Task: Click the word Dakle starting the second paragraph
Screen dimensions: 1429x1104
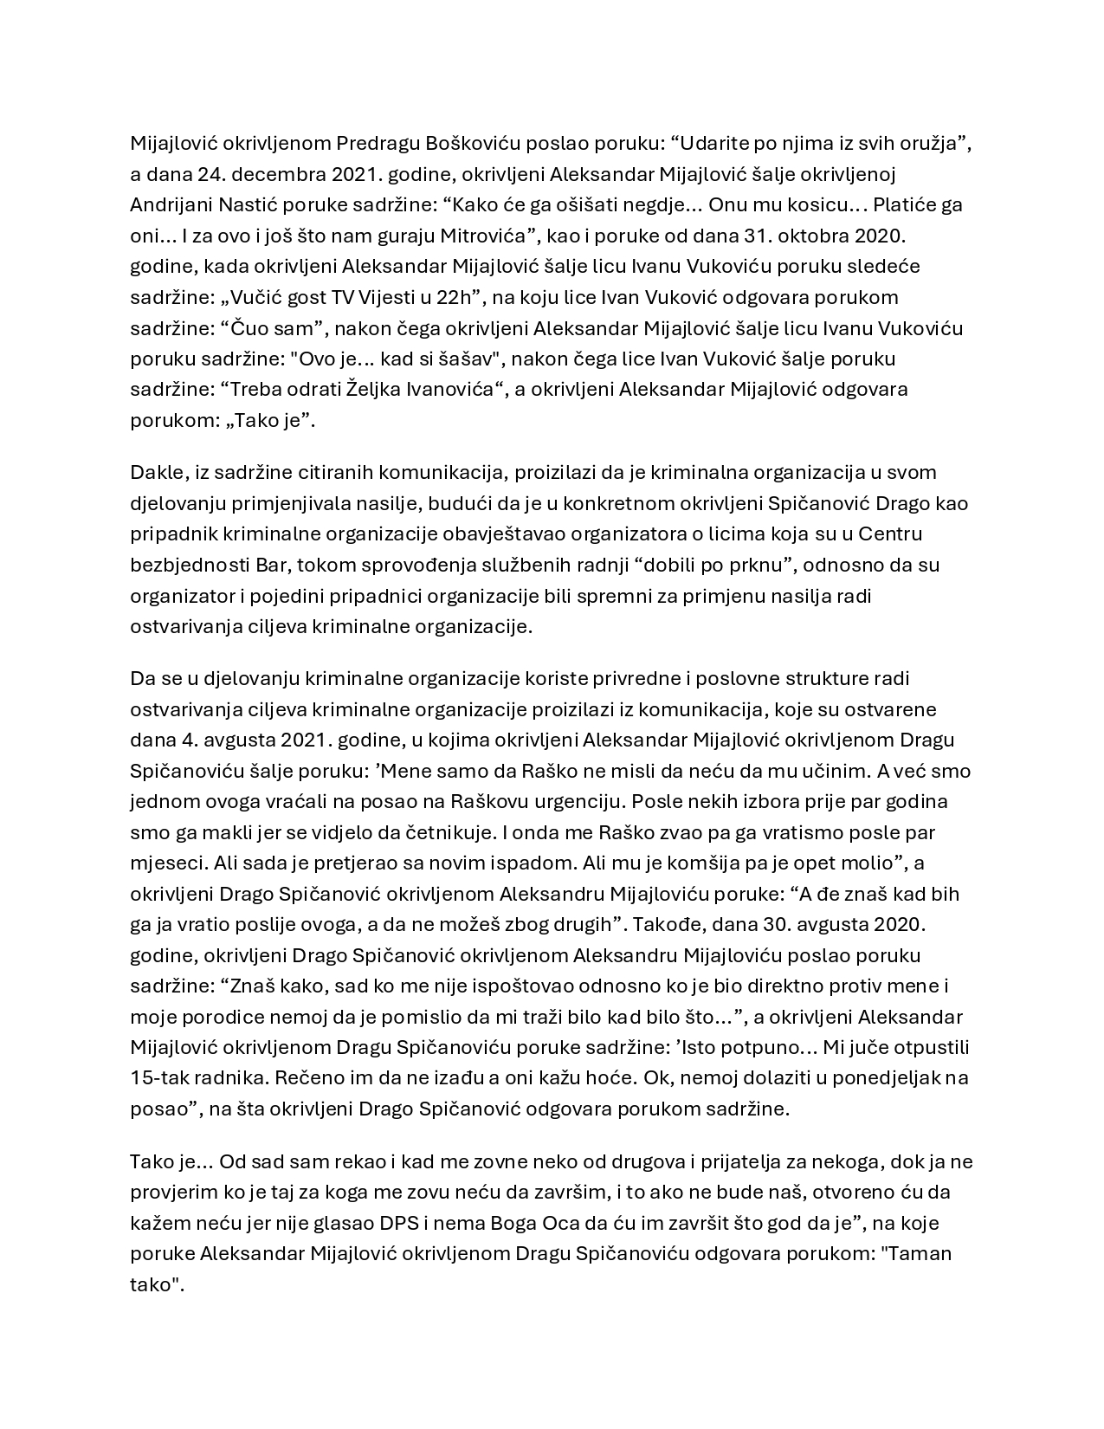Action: pos(155,473)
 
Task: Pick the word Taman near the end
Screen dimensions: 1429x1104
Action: pos(920,1254)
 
